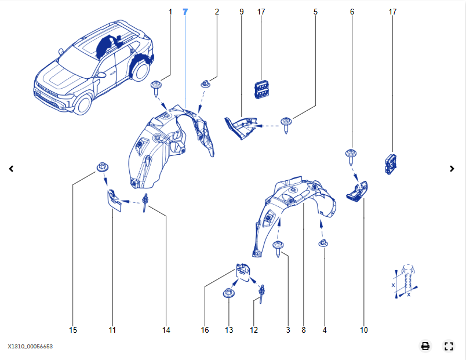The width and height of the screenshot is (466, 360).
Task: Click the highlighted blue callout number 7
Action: point(185,12)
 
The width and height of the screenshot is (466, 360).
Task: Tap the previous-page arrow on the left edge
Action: point(11,169)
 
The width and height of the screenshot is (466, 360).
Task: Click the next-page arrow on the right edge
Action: point(453,169)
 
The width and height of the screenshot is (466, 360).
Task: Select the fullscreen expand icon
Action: point(448,346)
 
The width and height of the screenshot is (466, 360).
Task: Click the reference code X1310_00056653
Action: point(30,346)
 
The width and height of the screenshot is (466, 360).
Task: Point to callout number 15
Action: point(73,330)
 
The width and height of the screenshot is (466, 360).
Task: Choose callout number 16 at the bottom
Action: point(205,330)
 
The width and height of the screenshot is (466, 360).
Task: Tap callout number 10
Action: point(364,330)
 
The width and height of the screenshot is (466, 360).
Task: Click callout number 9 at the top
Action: point(242,12)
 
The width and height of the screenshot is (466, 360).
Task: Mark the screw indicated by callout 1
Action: point(156,88)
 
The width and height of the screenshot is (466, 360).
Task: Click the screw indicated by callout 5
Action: point(287,123)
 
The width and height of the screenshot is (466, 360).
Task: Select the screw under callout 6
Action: point(351,155)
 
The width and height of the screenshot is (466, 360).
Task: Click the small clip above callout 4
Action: point(323,243)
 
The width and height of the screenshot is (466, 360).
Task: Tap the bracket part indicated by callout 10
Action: point(357,191)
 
